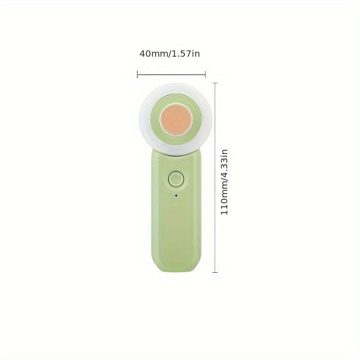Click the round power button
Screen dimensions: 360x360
point(176,179)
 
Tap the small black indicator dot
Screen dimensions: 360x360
point(176,196)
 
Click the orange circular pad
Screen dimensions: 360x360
point(176,119)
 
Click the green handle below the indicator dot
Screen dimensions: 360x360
point(176,229)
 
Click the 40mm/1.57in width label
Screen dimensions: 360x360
point(170,54)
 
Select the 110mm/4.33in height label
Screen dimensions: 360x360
point(224,182)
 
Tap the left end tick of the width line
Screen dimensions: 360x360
point(137,75)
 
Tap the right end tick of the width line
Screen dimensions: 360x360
point(205,75)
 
